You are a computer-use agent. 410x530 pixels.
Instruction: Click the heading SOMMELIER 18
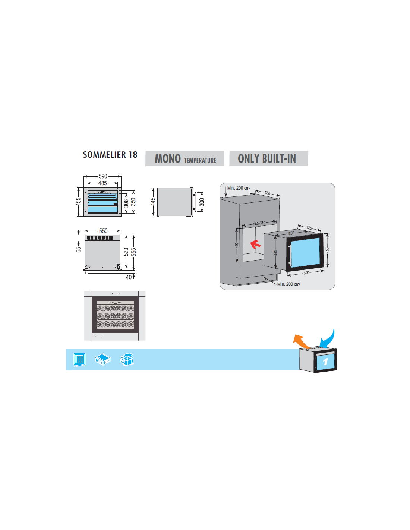tap(110, 155)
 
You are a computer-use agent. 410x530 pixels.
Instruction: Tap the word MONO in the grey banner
tap(168, 159)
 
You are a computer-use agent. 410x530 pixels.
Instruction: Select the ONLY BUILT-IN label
tap(267, 159)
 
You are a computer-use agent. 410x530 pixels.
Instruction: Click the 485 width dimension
tap(102, 183)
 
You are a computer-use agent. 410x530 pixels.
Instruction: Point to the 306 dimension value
tap(126, 203)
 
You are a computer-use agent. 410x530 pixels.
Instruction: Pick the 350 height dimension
tap(133, 202)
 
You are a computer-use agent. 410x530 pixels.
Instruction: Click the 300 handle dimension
tap(202, 202)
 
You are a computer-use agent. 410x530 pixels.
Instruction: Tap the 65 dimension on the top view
tap(78, 249)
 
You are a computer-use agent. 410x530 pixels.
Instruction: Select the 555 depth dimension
tap(134, 252)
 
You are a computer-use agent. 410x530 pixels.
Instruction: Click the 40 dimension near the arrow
tap(129, 277)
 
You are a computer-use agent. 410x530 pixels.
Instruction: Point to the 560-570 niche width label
tap(259, 223)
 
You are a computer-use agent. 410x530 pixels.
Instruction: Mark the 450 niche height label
tap(237, 246)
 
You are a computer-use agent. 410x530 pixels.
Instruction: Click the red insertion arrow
tap(255, 244)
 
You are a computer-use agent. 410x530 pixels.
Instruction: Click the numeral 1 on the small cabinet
tap(325, 362)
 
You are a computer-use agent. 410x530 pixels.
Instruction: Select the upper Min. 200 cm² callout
tap(239, 188)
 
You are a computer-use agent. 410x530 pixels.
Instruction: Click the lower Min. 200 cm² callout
tap(288, 284)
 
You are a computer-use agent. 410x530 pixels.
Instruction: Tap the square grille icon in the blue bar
tap(79, 360)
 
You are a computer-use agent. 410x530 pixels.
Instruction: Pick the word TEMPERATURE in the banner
tap(200, 161)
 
